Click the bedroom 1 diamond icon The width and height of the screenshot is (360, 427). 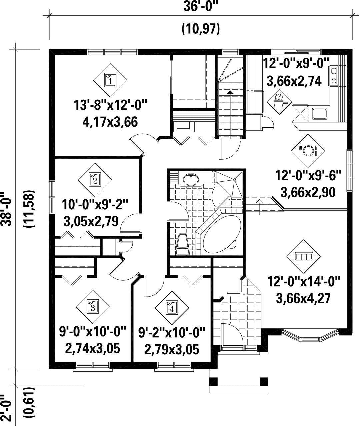point(110,80)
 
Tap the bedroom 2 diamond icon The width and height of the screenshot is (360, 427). point(95,180)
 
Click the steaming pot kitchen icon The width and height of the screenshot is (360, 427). point(279,102)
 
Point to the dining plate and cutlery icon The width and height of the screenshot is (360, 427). point(308,151)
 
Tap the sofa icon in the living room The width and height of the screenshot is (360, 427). point(304,256)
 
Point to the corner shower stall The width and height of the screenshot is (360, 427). point(230,184)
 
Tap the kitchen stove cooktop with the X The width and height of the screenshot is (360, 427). point(300,113)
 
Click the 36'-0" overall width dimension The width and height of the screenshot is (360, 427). point(200,7)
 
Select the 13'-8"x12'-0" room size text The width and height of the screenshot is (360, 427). point(110,105)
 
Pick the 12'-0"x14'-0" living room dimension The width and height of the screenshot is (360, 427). point(304,282)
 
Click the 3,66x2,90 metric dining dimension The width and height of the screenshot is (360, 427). point(308,192)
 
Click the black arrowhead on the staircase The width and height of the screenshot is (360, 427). point(230,92)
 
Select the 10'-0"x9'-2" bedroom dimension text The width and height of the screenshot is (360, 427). point(95,205)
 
